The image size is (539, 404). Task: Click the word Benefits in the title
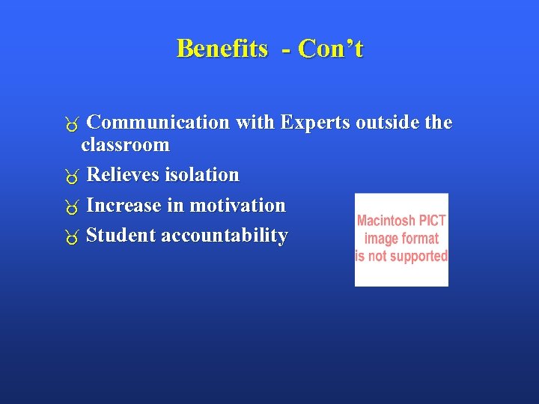click(222, 49)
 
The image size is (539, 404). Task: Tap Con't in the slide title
click(330, 49)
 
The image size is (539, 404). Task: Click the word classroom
click(125, 144)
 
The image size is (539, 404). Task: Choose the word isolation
click(201, 174)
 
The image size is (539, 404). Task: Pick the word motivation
click(237, 205)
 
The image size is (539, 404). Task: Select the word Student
click(121, 235)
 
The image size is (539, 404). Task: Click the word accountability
click(224, 235)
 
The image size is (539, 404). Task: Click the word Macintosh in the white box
click(387, 221)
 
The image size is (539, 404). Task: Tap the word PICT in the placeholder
click(433, 221)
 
